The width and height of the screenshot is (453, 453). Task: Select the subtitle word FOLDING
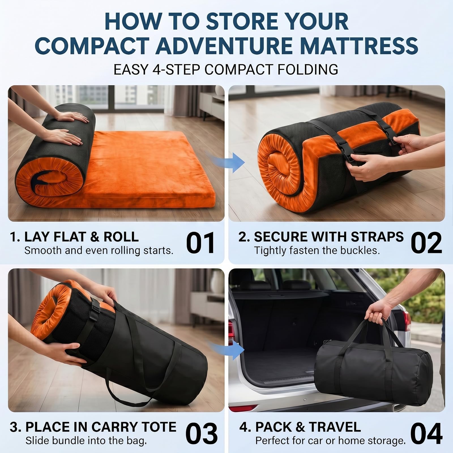click(308, 69)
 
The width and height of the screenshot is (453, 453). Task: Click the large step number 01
click(200, 243)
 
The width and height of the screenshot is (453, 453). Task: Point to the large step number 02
click(426, 243)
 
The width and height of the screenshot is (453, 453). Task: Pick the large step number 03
click(201, 434)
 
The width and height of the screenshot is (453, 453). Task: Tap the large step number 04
click(426, 434)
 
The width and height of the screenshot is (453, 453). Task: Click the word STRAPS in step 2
click(377, 237)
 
